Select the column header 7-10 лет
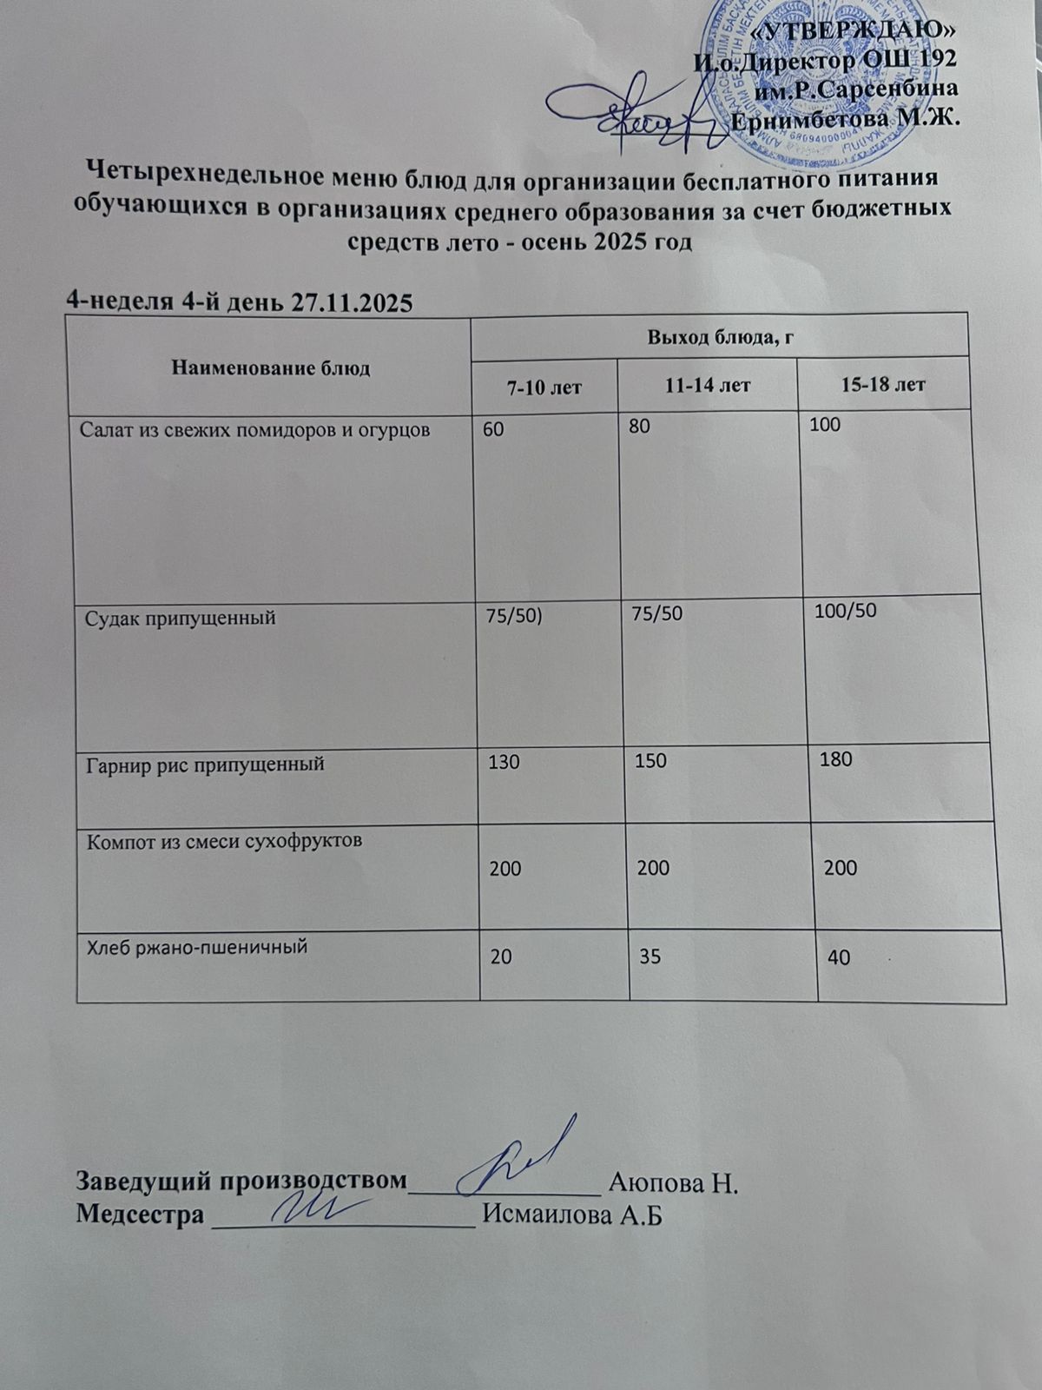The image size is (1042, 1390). pos(544,387)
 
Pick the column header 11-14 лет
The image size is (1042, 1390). pos(708,385)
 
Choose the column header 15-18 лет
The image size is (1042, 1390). pos(883,384)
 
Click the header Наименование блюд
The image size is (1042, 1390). pos(271,368)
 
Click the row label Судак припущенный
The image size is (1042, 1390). pos(181,618)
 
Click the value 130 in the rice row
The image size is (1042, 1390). pos(505,762)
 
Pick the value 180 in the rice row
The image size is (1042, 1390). pos(836,758)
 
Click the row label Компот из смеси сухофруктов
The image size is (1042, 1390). pos(223,840)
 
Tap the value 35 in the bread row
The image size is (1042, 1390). pos(650,956)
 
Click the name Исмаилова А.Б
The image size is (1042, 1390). pos(572,1215)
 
